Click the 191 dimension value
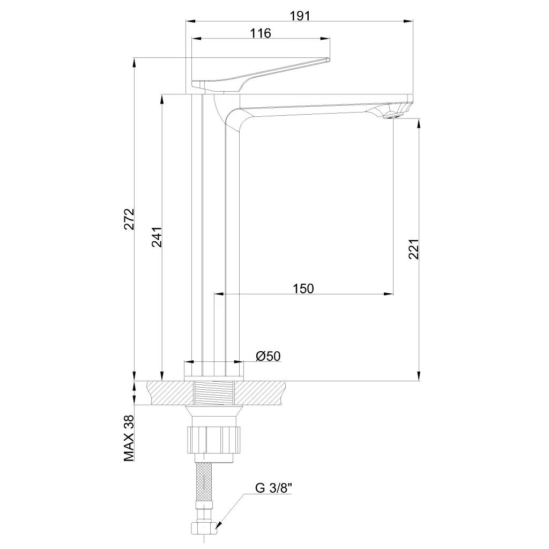tap(300, 16)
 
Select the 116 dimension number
tap(261, 33)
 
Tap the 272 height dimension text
tap(130, 219)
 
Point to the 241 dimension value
tap(157, 237)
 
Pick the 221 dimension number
tap(414, 249)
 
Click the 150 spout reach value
tap(303, 288)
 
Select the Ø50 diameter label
tap(268, 356)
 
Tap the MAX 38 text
tap(129, 438)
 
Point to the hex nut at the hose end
tap(204, 527)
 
